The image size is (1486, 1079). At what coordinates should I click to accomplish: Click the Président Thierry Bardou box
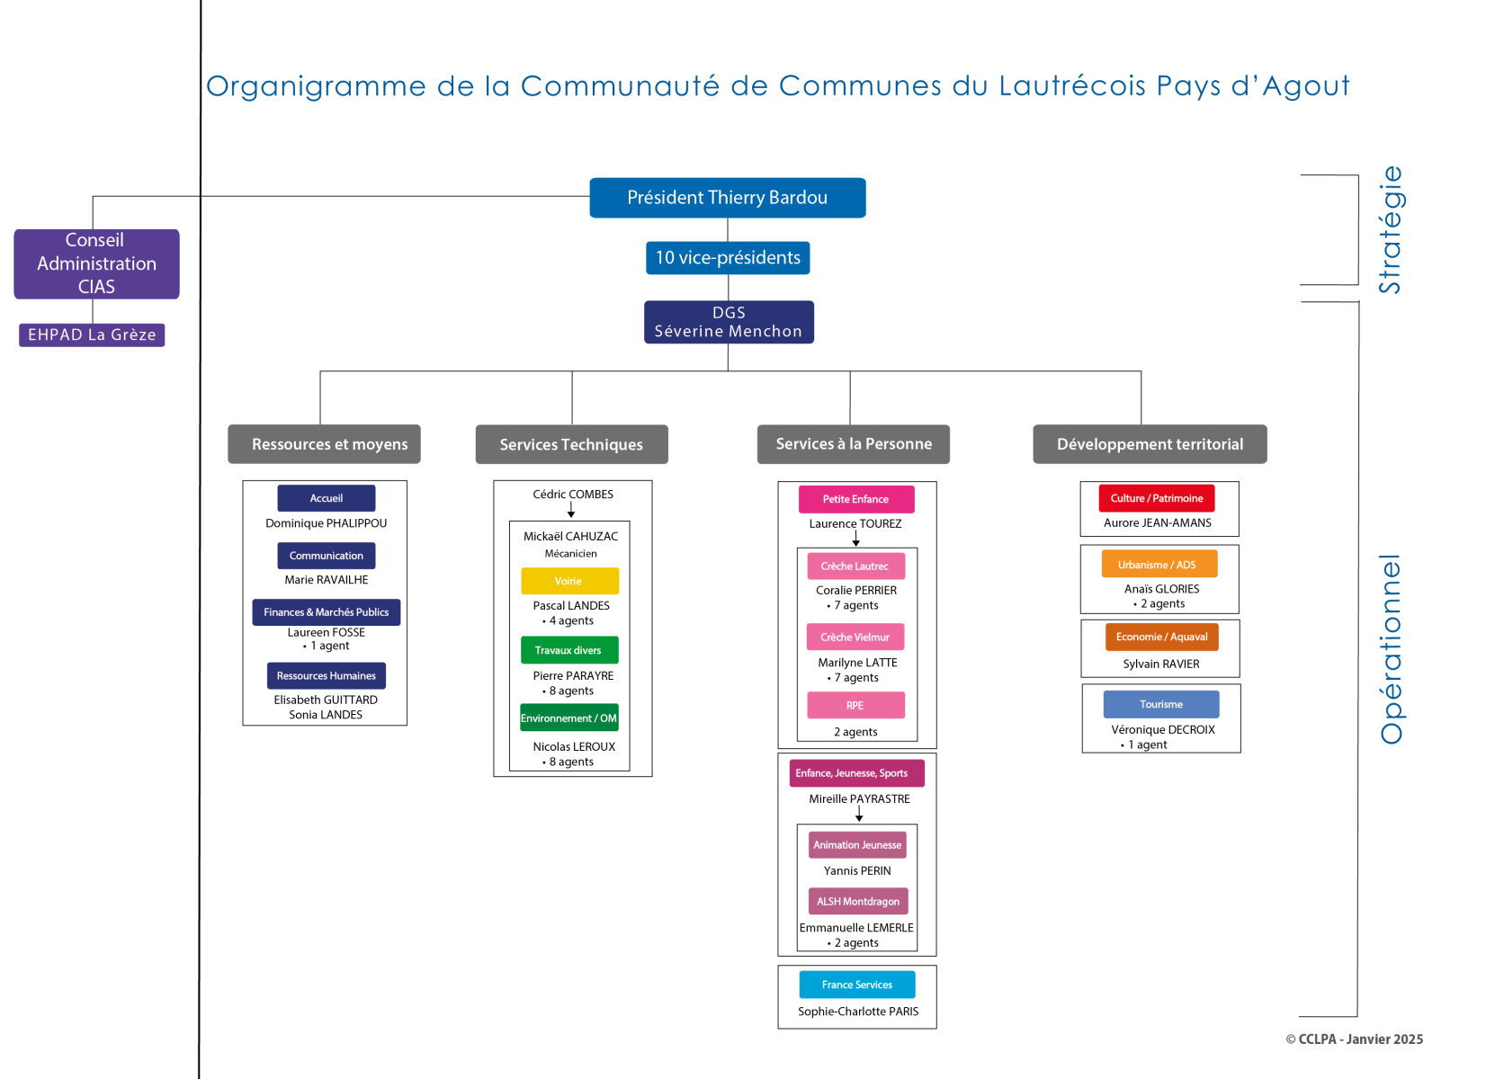click(x=727, y=198)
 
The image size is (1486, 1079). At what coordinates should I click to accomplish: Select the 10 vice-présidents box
click(x=727, y=258)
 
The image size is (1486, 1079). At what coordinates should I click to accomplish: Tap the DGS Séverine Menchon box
click(x=729, y=322)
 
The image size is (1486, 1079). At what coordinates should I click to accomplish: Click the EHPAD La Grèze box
click(x=92, y=335)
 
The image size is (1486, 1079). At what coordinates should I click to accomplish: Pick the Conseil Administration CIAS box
click(x=96, y=263)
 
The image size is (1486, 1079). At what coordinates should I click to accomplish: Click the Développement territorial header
click(x=1150, y=444)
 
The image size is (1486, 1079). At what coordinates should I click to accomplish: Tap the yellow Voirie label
click(x=569, y=581)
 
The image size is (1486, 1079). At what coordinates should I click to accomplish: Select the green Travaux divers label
click(x=569, y=650)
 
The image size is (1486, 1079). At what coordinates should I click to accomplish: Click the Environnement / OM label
click(x=569, y=718)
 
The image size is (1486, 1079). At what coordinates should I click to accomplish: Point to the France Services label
click(x=856, y=985)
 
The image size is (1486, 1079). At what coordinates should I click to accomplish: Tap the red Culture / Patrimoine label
click(x=1156, y=498)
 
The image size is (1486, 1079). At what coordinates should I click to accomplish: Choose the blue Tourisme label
click(x=1160, y=704)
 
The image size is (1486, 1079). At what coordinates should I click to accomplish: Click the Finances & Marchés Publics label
click(x=326, y=612)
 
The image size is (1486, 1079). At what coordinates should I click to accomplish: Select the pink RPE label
click(x=855, y=706)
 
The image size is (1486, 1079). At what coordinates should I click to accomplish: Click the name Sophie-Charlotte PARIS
click(x=858, y=1012)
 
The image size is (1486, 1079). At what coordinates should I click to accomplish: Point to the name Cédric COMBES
click(x=573, y=495)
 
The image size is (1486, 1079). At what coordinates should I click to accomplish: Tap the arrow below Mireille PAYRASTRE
click(x=859, y=814)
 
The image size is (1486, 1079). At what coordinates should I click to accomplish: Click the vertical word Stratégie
click(x=1390, y=229)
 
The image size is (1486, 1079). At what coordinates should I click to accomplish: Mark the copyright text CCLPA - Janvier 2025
click(x=1355, y=1039)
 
